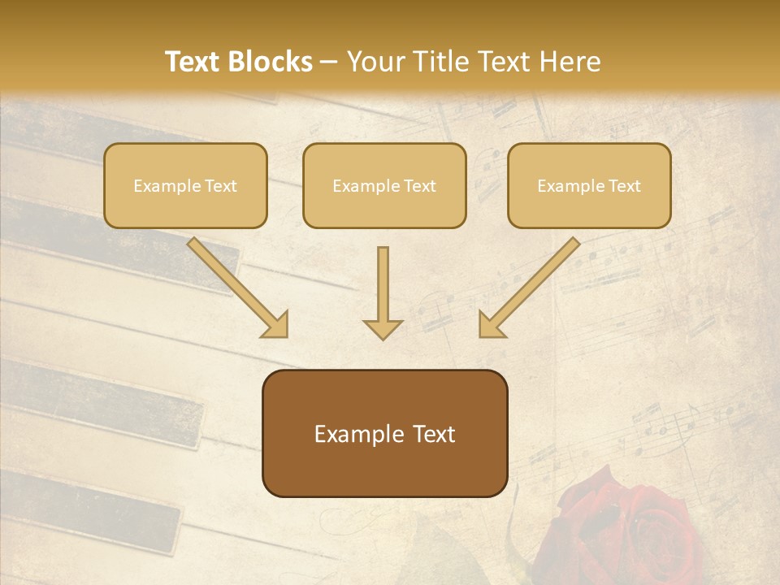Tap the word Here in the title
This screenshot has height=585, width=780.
[x=570, y=62]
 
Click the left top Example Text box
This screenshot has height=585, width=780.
[x=185, y=186]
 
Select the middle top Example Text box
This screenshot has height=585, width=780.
[x=384, y=186]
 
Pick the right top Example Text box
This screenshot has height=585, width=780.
[x=589, y=186]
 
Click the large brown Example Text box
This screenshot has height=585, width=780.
[x=384, y=434]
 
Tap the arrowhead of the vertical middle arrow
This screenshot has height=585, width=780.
[x=383, y=328]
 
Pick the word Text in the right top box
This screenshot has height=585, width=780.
[x=623, y=186]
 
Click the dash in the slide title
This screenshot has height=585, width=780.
[x=329, y=63]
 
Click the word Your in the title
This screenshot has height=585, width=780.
[x=371, y=62]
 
